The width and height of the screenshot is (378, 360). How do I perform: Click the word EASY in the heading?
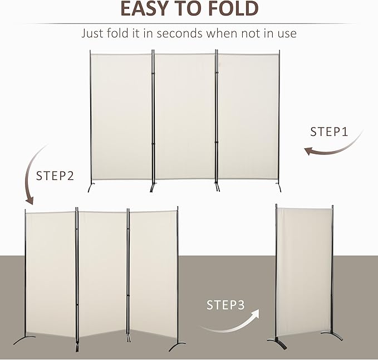click(x=145, y=9)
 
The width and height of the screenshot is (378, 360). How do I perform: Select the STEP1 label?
click(x=329, y=132)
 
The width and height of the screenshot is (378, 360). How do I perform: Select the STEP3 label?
click(x=225, y=305)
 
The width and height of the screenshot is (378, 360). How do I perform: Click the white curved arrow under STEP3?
click(x=231, y=324)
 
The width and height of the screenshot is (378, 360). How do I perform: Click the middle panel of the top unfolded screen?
click(x=184, y=117)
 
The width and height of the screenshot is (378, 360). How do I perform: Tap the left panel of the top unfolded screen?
click(x=121, y=117)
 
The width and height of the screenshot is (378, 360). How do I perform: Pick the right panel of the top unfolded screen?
click(x=248, y=117)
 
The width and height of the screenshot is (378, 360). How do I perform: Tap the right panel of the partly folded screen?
click(x=154, y=273)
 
